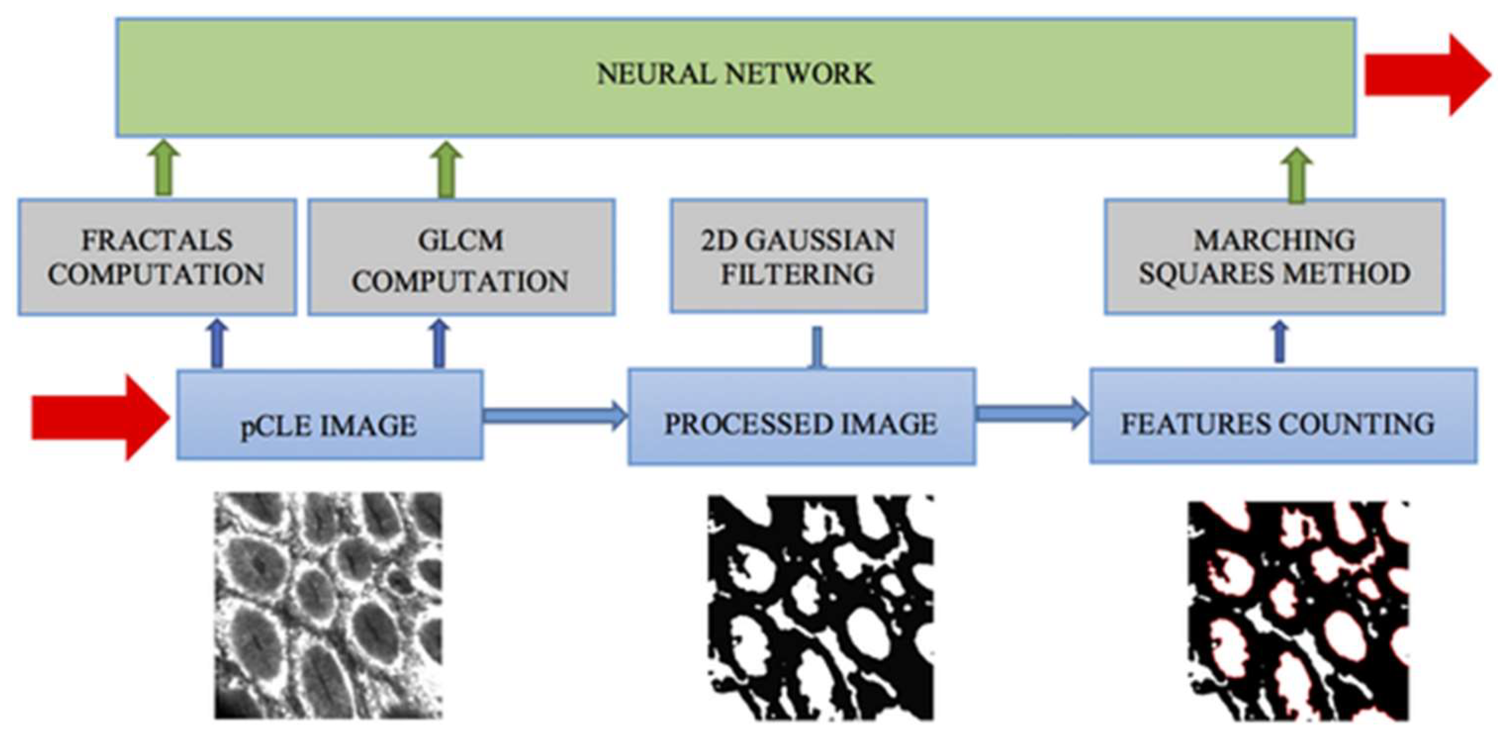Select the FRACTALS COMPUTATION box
pos(156,257)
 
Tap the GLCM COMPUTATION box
pos(461,257)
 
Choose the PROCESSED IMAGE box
pos(801,416)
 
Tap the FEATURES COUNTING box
pos(1282,416)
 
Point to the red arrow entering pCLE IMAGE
pos(99,418)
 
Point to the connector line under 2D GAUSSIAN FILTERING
pos(818,347)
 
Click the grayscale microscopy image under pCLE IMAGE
pos(328,605)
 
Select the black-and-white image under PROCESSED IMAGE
pos(820,607)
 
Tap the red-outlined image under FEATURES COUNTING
pos(1299,610)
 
